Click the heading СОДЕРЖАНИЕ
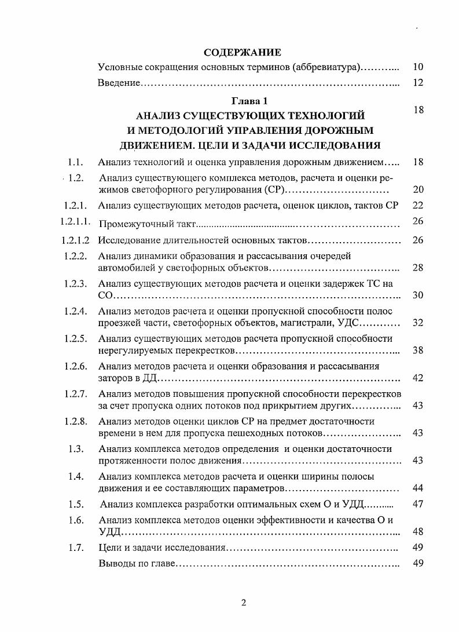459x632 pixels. (243, 53)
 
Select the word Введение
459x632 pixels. (119, 83)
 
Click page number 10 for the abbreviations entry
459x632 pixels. (418, 67)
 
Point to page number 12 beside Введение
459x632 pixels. (418, 83)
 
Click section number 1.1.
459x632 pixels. (76, 162)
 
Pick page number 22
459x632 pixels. (418, 205)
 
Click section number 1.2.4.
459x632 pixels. (76, 311)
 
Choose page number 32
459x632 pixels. (418, 323)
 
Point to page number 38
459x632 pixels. (418, 350)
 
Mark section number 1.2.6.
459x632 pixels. (76, 366)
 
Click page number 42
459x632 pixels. (418, 378)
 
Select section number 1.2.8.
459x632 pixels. (76, 421)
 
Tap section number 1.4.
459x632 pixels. (76, 476)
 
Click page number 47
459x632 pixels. (418, 504)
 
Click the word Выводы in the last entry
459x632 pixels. (116, 563)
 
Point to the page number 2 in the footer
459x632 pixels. (244, 602)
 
